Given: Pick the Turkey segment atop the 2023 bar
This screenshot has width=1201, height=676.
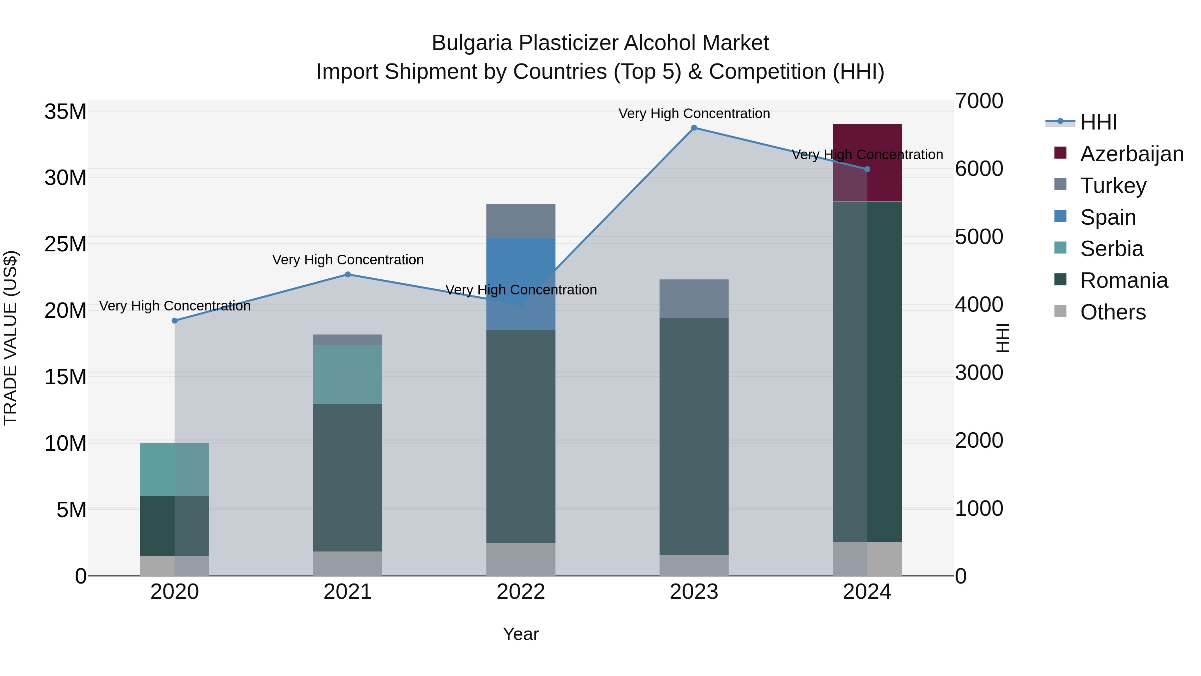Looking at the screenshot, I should pos(694,298).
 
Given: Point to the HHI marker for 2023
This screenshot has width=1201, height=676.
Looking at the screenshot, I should pos(694,128).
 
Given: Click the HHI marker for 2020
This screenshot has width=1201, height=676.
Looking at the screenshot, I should pos(175,320).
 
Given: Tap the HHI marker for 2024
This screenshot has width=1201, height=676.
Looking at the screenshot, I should pos(867,169).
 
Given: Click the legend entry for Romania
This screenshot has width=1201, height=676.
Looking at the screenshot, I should pos(1124,280).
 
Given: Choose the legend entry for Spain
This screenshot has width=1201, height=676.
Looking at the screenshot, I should pos(1108,217).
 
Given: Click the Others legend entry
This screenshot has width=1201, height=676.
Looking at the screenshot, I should pos(1112,312).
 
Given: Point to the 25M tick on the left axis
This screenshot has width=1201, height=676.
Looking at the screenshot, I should pos(65,244).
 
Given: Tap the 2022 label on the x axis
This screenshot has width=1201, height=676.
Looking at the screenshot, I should pos(521,592).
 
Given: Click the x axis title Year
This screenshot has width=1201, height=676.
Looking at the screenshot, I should pos(521,634).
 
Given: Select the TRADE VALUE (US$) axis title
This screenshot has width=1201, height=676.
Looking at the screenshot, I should pos(10,338).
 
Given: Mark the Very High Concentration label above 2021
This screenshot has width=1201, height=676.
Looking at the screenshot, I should pos(348,259).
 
